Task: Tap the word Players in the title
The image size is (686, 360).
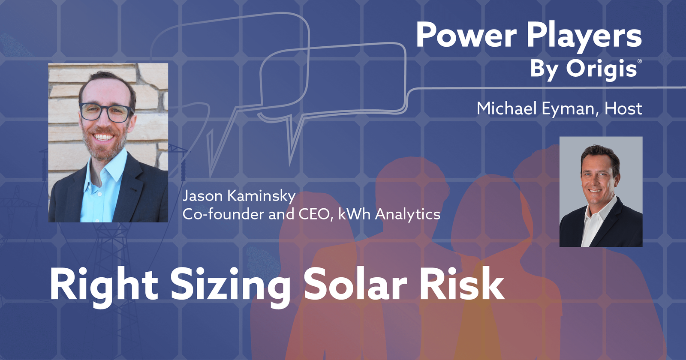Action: [584, 36]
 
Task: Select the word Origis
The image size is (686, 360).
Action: [601, 69]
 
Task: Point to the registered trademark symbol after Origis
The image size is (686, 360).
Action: [640, 61]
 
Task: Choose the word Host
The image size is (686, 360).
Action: [623, 108]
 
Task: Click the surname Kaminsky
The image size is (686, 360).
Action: [261, 196]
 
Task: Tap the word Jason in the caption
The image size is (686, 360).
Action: [202, 196]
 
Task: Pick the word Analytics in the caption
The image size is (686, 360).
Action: [407, 214]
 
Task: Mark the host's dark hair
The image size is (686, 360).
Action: [600, 152]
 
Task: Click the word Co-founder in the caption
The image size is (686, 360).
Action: [223, 214]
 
